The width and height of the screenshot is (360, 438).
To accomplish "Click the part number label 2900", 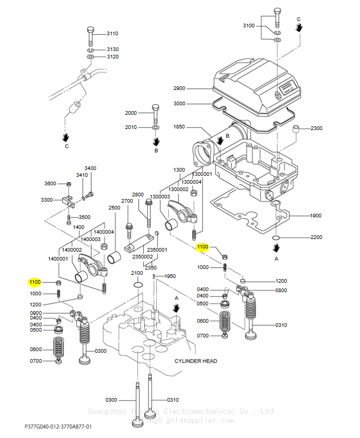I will [x=179, y=88].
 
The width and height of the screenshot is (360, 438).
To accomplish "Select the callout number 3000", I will [x=179, y=104].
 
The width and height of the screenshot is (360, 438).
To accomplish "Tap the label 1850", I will [x=179, y=127].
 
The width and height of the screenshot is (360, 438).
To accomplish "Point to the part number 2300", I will [x=316, y=128].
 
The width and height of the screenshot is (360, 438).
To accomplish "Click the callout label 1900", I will [x=316, y=216].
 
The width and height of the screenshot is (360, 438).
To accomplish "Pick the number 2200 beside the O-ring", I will [x=316, y=237].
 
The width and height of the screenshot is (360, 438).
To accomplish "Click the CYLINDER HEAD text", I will [x=196, y=361].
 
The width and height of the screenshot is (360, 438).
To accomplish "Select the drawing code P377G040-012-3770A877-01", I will [x=58, y=426].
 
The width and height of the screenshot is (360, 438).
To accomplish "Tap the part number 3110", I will [x=113, y=34].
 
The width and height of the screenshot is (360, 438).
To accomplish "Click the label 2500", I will [x=114, y=208].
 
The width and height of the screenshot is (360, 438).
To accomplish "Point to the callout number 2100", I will [x=137, y=273].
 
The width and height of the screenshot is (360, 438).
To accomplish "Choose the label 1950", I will [x=170, y=276].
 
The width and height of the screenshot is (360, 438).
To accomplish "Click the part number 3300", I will [x=47, y=200].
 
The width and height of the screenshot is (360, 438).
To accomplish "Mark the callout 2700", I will [x=127, y=201].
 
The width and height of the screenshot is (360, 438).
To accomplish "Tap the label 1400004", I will [x=104, y=232].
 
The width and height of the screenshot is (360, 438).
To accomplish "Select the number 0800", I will [x=281, y=290].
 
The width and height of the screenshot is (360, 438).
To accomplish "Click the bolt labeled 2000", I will [x=156, y=113].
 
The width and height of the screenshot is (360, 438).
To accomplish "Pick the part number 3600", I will [x=50, y=184].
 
